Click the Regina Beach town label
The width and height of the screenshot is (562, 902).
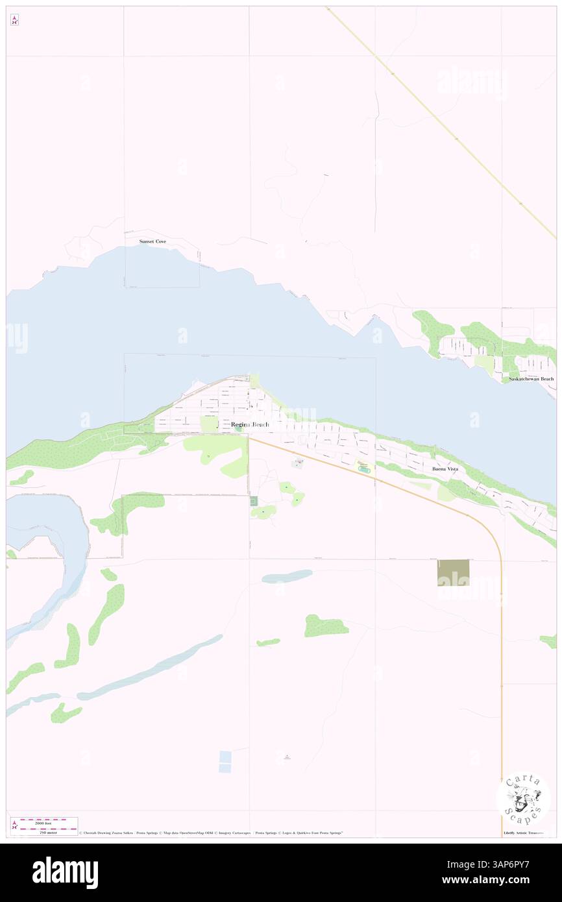tap(250, 424)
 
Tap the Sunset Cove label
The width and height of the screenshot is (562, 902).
tap(153, 241)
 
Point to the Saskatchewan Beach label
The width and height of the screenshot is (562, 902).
tap(531, 378)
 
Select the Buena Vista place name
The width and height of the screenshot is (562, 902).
tap(445, 468)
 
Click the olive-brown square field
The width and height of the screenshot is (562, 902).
tap(453, 572)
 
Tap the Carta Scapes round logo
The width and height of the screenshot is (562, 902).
tap(523, 798)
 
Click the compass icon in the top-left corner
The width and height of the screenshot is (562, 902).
tap(14, 21)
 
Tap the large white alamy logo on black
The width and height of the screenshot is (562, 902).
tap(65, 872)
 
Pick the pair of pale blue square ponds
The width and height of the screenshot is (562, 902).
tap(225, 762)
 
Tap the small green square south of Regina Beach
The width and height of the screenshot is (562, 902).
tap(254, 500)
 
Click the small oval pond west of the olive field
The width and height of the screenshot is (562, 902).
tap(287, 576)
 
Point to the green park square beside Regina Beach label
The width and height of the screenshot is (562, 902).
tap(209, 424)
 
